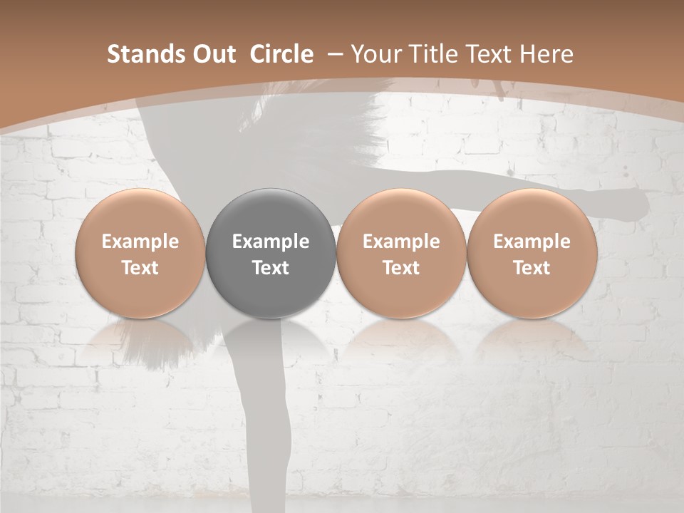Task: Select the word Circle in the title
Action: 281,54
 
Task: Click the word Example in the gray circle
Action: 271,242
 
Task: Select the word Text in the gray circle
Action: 271,268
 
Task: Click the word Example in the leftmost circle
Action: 140,242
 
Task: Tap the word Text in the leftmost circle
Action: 140,268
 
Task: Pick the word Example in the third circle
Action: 401,242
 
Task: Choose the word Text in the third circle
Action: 401,268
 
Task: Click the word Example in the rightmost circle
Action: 532,242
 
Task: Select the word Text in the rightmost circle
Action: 532,268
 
